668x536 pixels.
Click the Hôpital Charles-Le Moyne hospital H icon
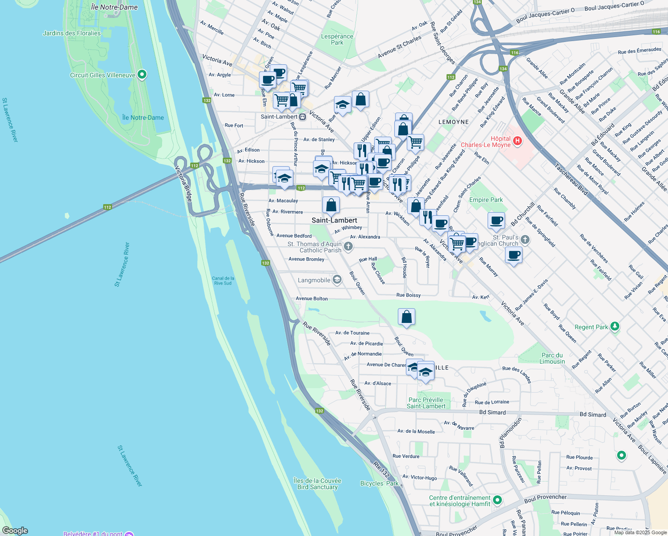(x=518, y=141)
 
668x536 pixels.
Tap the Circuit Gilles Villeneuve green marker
(x=142, y=75)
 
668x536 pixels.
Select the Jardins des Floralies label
(x=71, y=33)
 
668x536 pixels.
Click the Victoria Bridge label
(x=184, y=183)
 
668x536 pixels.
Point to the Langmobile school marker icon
(x=337, y=280)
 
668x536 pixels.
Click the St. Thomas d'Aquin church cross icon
(x=348, y=246)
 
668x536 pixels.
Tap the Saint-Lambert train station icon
(x=302, y=117)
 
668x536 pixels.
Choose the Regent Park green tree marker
(x=615, y=327)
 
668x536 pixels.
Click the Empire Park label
(x=486, y=200)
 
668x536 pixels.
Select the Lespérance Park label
(x=337, y=39)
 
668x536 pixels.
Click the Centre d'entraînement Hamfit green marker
(x=498, y=500)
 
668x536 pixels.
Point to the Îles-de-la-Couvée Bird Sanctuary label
(x=317, y=484)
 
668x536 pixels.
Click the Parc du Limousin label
(x=552, y=358)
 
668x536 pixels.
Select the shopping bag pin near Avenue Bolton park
(x=406, y=317)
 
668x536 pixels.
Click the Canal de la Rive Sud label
(x=223, y=281)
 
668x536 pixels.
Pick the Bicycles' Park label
(x=380, y=483)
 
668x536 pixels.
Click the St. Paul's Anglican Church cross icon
(x=525, y=240)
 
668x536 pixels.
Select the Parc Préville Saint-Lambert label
(x=426, y=403)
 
